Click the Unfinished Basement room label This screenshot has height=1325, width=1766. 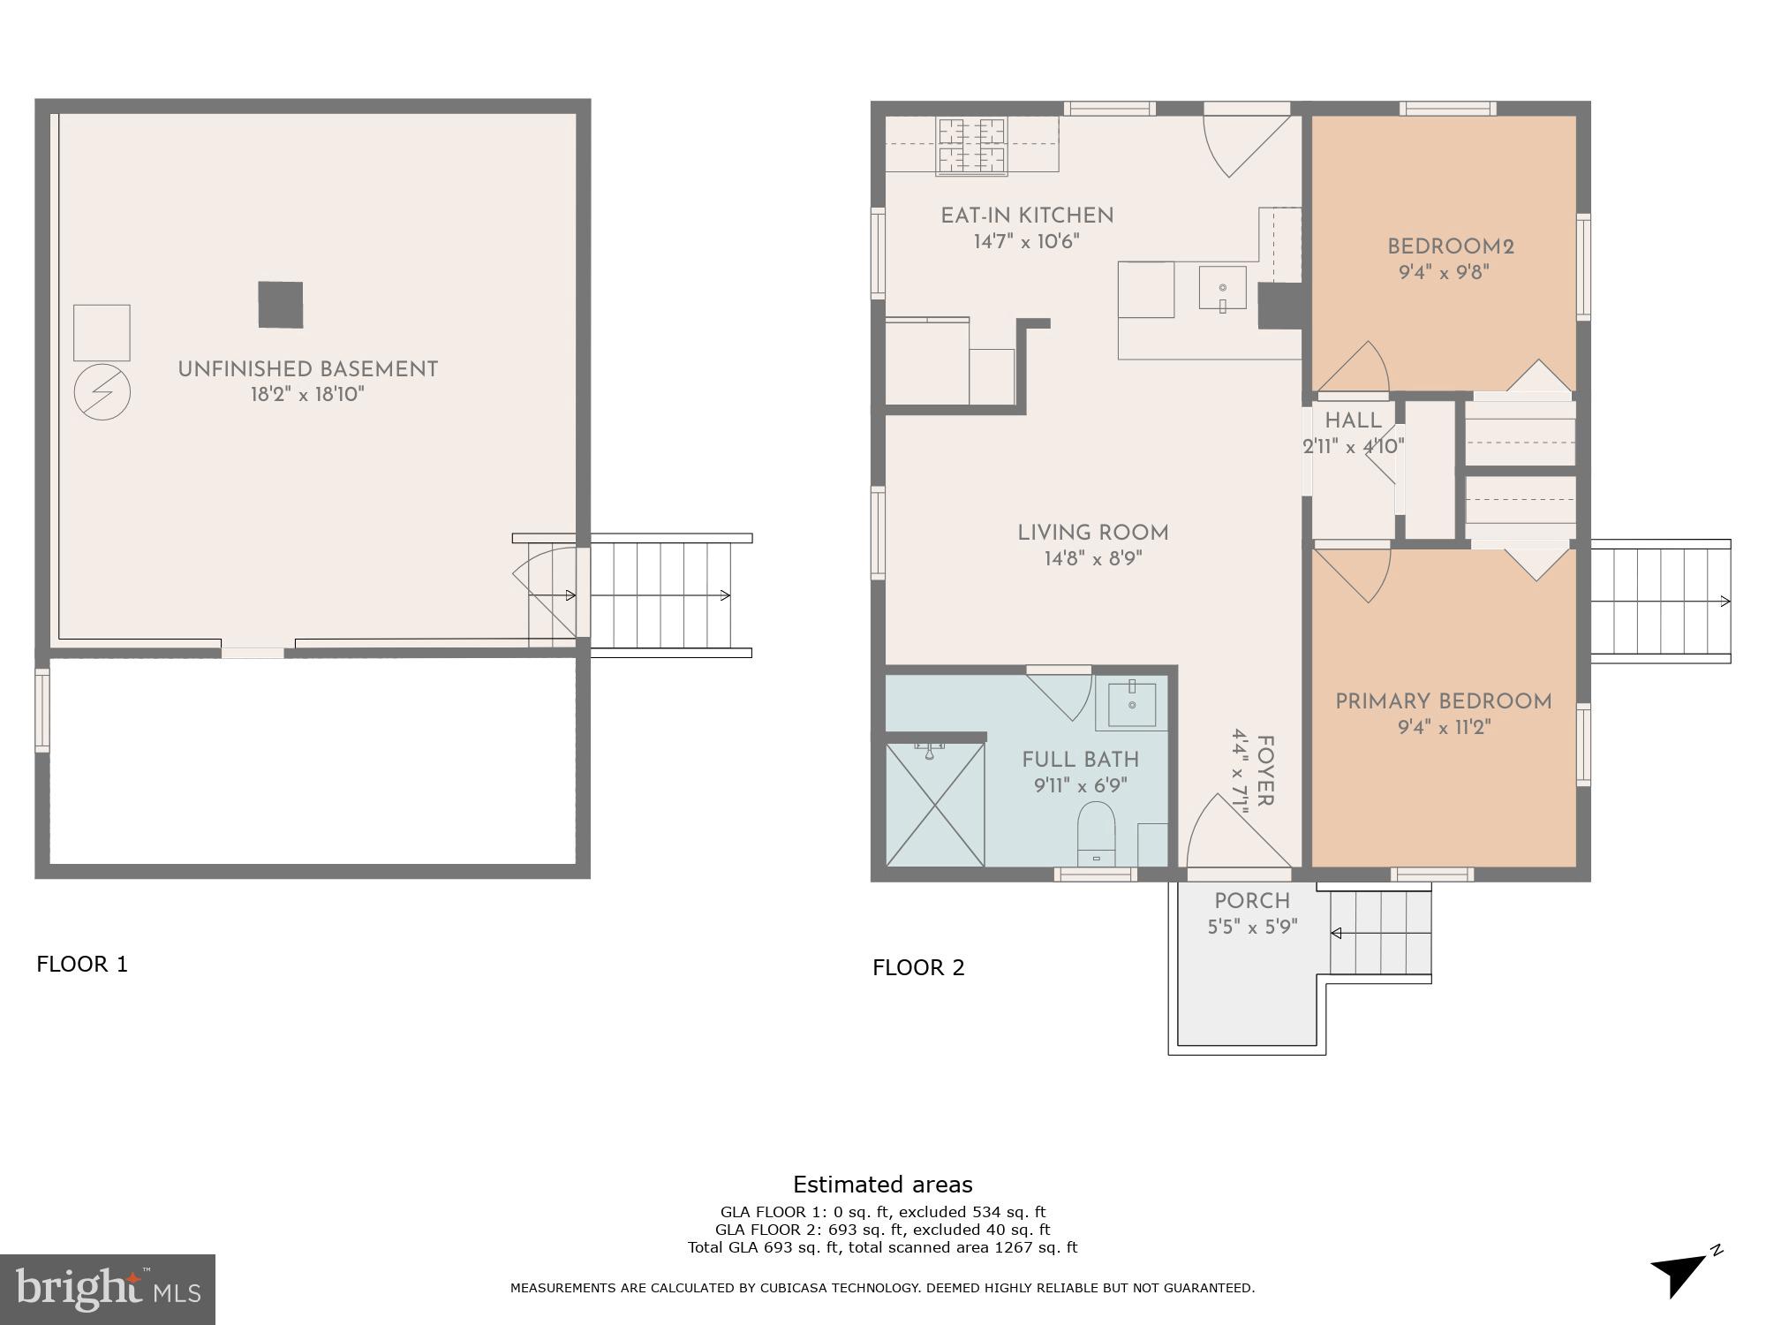pos(307,369)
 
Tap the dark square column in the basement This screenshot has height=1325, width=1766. pos(280,305)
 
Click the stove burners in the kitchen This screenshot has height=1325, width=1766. pos(971,146)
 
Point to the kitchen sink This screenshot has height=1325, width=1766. pos(1222,288)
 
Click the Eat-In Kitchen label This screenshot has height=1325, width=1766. pos(1026,216)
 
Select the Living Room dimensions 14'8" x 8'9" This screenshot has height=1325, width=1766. pos(1092,558)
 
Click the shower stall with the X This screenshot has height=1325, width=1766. pos(934,804)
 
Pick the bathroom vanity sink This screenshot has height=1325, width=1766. pos(1131,705)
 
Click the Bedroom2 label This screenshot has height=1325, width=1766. pos(1450,247)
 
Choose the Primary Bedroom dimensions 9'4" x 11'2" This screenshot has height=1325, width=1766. pos(1444,727)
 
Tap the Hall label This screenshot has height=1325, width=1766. pos(1353,420)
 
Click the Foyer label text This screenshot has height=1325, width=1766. pos(1264,771)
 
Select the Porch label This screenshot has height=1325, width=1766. pos(1251,901)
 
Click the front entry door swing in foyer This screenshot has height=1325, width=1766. pos(1232,835)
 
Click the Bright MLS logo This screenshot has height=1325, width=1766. pos(107,1289)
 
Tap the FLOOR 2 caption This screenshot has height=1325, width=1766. pos(918,967)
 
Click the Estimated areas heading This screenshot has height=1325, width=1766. pos(882,1185)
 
